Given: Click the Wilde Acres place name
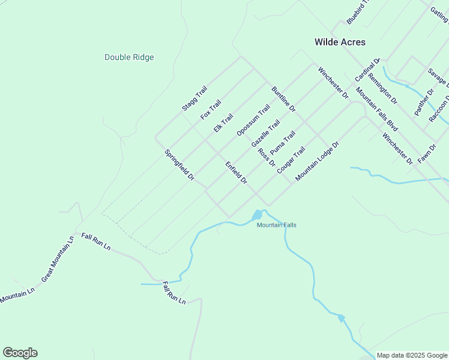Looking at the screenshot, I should coord(340,42).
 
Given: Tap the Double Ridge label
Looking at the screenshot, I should coord(129,58).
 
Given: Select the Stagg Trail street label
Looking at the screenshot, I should coord(194,98).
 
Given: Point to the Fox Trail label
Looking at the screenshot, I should coord(211,109).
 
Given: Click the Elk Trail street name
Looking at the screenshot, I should coord(223,124).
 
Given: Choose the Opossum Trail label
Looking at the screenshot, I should coord(253,121).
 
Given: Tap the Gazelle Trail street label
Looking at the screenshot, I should coord(265,134).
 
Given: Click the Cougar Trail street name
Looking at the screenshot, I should coord(291,160).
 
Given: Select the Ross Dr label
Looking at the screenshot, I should coord(266,157).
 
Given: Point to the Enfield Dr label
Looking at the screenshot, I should coord(237,173).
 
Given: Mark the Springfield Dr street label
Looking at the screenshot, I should coord(179,165).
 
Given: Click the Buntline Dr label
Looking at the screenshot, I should coord(283,99).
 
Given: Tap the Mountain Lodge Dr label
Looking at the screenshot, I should coord(318,161).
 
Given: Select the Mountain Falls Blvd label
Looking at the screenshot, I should coord(377,109).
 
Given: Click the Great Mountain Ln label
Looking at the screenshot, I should coord(57,259).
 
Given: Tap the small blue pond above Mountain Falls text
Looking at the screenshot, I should coord(257,215).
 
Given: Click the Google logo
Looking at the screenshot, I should coord(20,353).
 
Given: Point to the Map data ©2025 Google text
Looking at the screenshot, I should coord(412,355).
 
